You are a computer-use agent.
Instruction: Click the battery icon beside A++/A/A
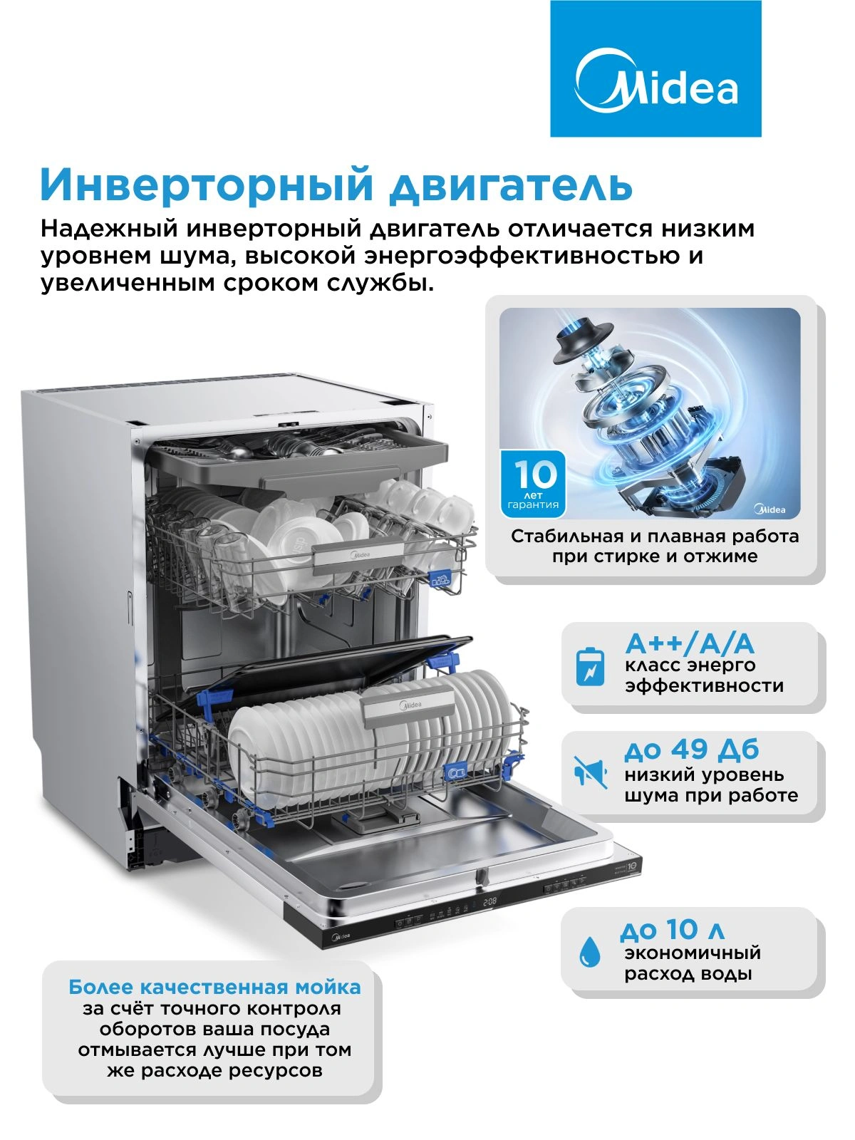pos(591,665)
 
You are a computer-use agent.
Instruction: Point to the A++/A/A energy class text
pos(690,645)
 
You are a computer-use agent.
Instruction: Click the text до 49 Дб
pos(691,750)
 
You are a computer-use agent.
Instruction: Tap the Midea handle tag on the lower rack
pos(410,705)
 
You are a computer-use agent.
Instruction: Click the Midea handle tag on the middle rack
pos(361,555)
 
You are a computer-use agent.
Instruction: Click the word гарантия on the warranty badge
pos(533,505)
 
